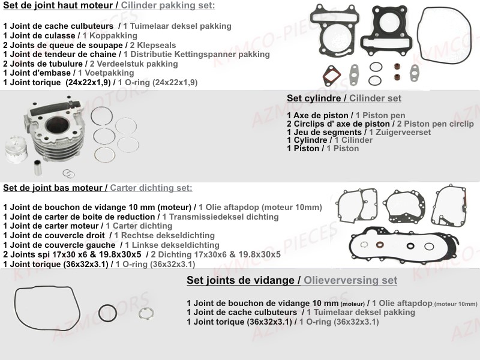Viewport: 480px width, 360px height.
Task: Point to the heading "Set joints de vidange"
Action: [x=241, y=280]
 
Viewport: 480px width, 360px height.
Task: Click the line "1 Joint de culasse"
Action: [x=38, y=35]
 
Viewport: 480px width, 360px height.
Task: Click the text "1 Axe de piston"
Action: [x=317, y=115]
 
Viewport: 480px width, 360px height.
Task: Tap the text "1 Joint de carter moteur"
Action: [x=50, y=226]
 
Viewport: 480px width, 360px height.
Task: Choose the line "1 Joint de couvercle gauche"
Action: [x=59, y=245]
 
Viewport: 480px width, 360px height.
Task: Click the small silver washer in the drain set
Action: [x=146, y=313]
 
